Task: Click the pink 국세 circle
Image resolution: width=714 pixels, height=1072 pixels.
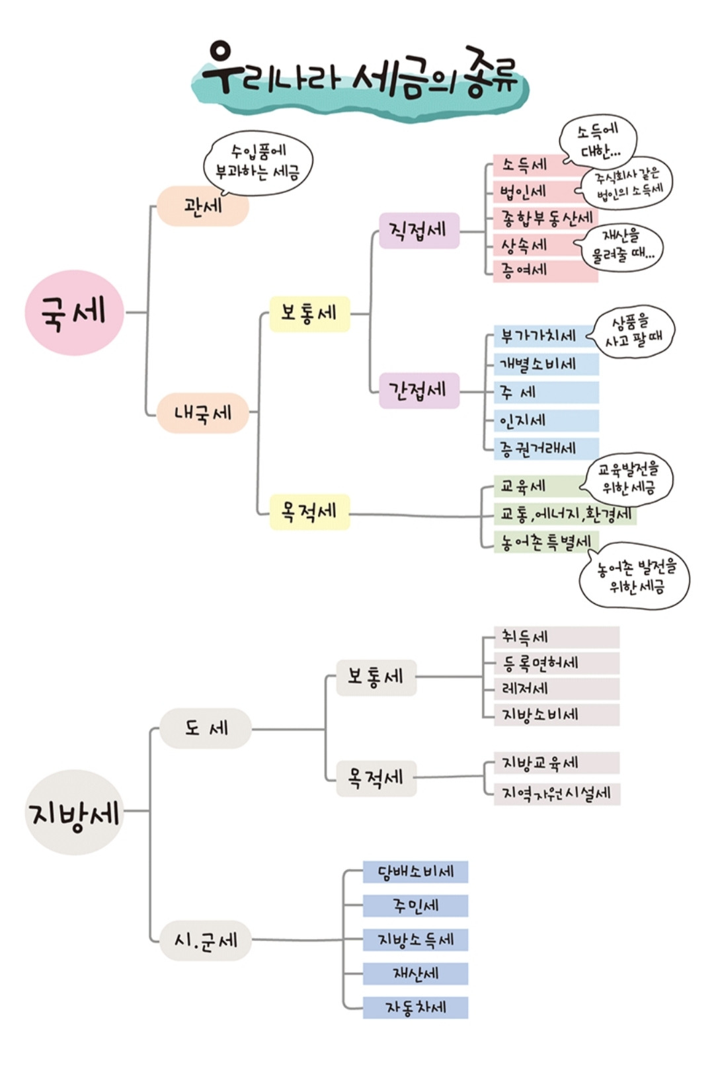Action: [74, 312]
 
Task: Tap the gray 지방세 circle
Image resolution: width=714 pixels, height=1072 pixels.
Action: [74, 812]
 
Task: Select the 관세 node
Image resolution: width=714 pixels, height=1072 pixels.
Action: [203, 206]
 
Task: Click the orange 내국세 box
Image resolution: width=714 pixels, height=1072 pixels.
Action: [203, 413]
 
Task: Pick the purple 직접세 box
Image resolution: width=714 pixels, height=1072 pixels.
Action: [418, 231]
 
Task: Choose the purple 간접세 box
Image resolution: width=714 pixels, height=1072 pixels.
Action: [418, 391]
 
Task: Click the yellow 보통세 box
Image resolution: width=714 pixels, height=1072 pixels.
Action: [309, 313]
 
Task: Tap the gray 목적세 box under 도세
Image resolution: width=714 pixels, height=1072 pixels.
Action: [376, 778]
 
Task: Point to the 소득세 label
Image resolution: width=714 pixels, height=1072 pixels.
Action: [525, 165]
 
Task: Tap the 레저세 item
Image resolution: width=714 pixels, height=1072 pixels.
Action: [526, 689]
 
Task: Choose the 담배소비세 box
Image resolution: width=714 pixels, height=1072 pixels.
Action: [415, 872]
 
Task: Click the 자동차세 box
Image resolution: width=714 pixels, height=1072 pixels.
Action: [415, 1008]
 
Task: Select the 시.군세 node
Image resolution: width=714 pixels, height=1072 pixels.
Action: [206, 940]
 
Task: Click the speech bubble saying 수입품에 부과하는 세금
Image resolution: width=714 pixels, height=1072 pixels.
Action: [258, 163]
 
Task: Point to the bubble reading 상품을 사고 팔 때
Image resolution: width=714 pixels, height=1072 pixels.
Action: [634, 332]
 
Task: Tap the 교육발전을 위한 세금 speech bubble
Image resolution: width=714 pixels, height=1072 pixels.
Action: [629, 479]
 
